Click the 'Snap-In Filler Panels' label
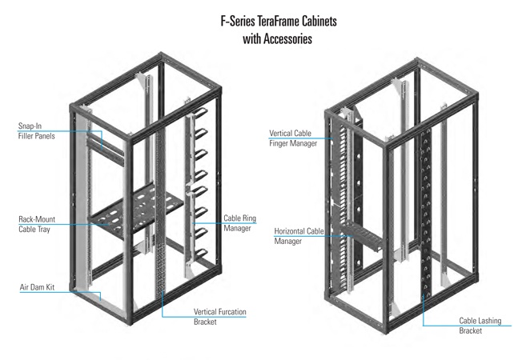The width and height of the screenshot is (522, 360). [x=36, y=131]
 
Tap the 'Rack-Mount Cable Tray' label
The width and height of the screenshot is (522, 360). [x=37, y=224]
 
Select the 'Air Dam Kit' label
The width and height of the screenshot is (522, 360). [x=37, y=287]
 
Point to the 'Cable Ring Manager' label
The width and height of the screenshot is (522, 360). [x=239, y=223]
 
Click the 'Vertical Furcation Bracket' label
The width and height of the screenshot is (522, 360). [x=219, y=317]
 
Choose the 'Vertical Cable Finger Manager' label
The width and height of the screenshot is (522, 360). [x=293, y=138]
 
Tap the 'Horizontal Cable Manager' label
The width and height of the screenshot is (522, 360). [x=299, y=236]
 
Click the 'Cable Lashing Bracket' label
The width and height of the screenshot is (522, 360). [x=480, y=326]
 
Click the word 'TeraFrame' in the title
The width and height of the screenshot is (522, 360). [x=279, y=21]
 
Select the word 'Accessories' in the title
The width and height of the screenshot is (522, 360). [x=287, y=39]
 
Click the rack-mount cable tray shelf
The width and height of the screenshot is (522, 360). [x=136, y=210]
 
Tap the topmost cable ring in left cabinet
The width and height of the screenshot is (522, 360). [x=200, y=113]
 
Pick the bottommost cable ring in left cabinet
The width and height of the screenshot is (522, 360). [x=201, y=254]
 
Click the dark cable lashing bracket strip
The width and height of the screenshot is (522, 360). [x=425, y=213]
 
